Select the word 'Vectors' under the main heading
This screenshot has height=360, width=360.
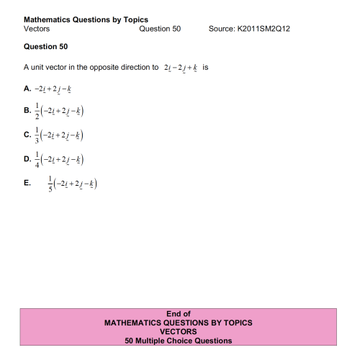(x=37, y=29)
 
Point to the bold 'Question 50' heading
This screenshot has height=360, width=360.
(x=45, y=47)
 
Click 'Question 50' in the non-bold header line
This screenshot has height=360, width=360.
(x=160, y=29)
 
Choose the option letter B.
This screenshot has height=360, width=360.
(x=27, y=112)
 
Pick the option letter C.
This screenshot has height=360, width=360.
(x=27, y=135)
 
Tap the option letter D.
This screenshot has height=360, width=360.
(x=27, y=159)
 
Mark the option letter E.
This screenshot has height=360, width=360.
(x=27, y=183)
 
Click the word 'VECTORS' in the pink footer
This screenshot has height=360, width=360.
(x=179, y=332)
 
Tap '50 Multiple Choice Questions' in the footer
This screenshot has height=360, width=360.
(x=179, y=341)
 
